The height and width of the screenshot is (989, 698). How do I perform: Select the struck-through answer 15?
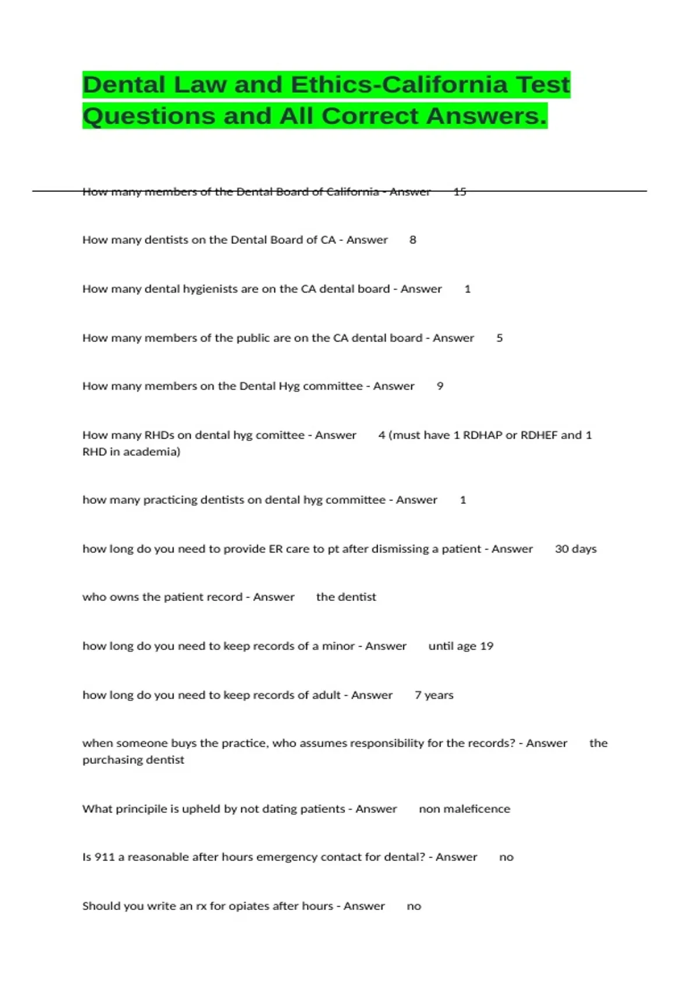click(x=460, y=191)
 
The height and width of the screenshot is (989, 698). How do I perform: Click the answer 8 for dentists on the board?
click(x=412, y=240)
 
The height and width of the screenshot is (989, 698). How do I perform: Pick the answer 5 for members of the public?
click(x=499, y=338)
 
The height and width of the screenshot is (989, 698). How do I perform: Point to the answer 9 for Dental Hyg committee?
click(x=440, y=386)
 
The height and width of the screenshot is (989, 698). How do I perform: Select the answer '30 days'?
click(x=575, y=549)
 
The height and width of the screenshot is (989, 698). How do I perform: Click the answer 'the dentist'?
click(x=346, y=597)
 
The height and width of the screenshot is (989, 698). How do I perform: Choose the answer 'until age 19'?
click(x=461, y=646)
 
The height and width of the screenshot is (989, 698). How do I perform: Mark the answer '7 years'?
click(x=434, y=695)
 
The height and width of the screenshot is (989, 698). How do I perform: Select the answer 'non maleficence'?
click(x=464, y=809)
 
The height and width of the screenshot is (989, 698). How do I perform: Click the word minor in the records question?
click(x=339, y=646)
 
